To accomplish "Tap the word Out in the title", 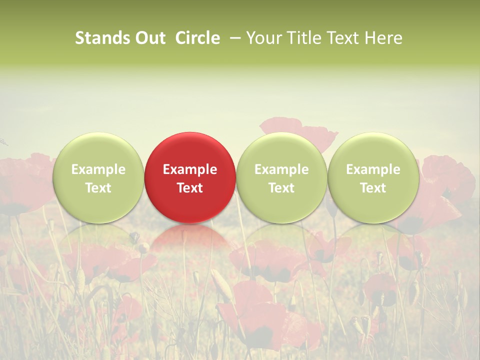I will pyautogui.click(x=149, y=38).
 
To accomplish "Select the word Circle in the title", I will pyautogui.click(x=197, y=38).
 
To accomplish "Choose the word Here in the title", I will pyautogui.click(x=383, y=38).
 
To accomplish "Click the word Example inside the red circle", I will pyautogui.click(x=190, y=169).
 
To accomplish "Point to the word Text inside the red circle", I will pyautogui.click(x=190, y=188).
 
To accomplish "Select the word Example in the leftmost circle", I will pyautogui.click(x=98, y=169).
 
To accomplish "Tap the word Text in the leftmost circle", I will pyautogui.click(x=98, y=188).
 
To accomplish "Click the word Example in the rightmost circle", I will pyautogui.click(x=373, y=169).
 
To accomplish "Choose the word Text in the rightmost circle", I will pyautogui.click(x=373, y=188).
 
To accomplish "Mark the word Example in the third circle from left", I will pyautogui.click(x=281, y=169).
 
